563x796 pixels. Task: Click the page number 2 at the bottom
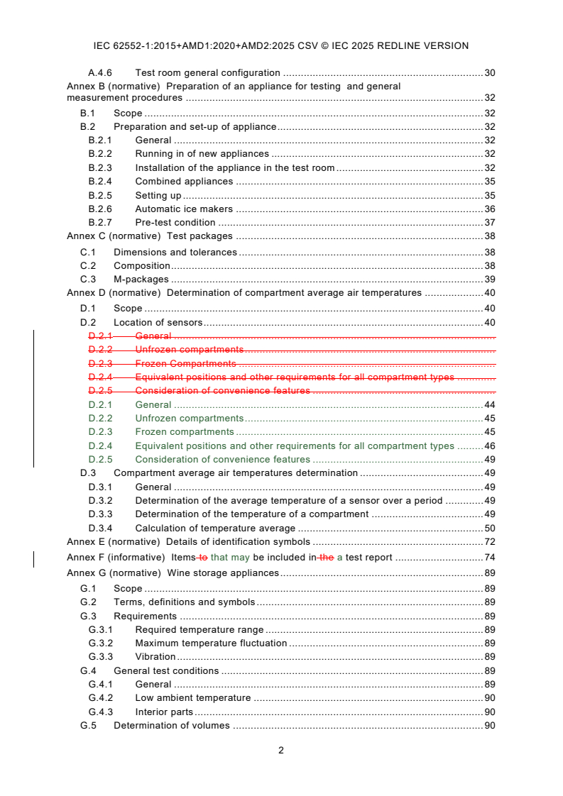[x=281, y=751]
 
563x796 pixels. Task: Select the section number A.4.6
[x=100, y=72]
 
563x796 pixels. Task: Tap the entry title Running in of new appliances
[x=202, y=154]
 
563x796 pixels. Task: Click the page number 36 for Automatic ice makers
[x=489, y=209]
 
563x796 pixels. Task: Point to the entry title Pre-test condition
[x=175, y=223]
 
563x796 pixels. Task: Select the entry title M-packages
[x=141, y=280]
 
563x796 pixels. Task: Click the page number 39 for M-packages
[x=489, y=280]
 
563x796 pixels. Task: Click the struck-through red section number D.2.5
[x=100, y=391]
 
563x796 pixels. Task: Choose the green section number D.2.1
[x=100, y=405]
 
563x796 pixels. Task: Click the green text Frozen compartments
[x=185, y=432]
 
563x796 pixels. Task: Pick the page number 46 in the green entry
[x=489, y=446]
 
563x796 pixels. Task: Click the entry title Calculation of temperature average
[x=215, y=529]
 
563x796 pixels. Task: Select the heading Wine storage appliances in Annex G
[x=223, y=573]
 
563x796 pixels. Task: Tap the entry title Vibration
[x=155, y=657]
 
